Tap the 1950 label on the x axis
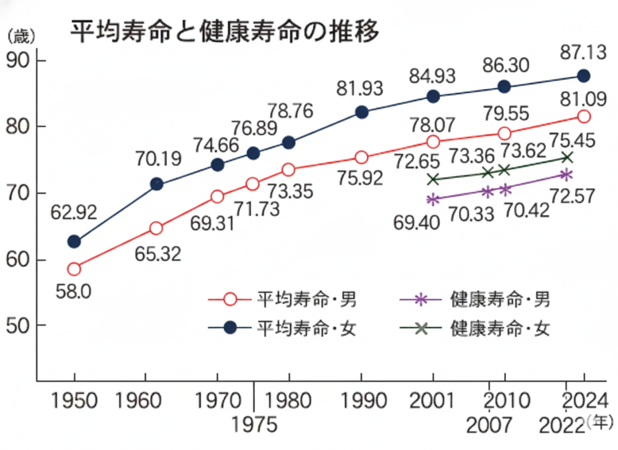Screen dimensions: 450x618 74,401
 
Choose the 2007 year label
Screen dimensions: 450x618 489,425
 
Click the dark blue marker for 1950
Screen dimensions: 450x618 74,242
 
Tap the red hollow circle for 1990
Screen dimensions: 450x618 362,157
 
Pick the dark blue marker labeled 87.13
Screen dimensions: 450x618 584,76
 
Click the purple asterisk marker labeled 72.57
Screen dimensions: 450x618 565,175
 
